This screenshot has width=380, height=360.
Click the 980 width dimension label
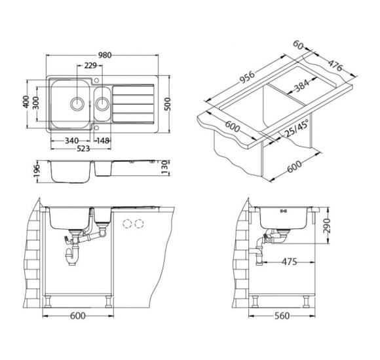tap(105, 55)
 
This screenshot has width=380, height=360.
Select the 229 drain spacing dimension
tap(90, 65)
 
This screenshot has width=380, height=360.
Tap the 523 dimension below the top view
tap(83, 149)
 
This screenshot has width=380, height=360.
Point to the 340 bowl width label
tap(71, 141)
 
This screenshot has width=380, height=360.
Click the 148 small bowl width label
tap(103, 141)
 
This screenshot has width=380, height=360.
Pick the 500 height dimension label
tap(167, 104)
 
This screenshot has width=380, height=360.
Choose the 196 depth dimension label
tap(36, 171)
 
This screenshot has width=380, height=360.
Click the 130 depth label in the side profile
tap(164, 167)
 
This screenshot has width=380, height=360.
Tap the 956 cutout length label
tap(247, 77)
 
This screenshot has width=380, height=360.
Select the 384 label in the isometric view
tap(302, 86)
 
